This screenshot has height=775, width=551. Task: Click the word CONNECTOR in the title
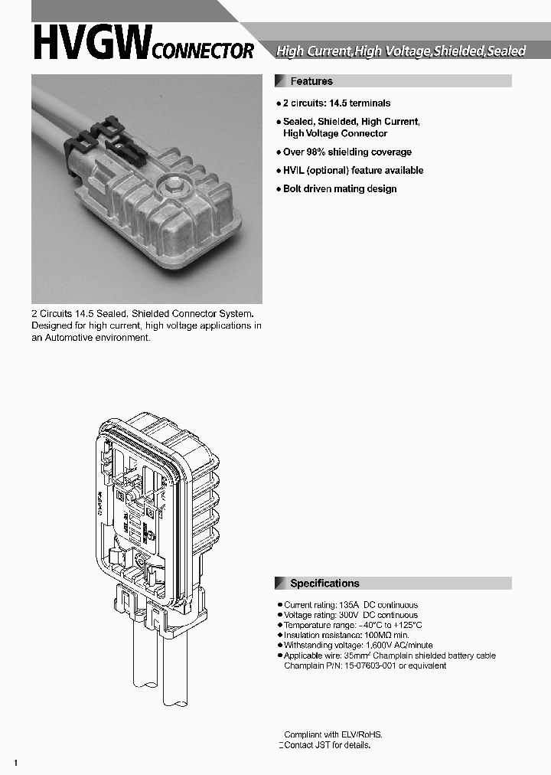204,51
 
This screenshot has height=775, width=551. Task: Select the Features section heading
311,81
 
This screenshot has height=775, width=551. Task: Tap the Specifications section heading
324,584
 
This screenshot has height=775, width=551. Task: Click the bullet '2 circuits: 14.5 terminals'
336,103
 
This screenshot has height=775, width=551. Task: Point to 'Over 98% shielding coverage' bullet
347,152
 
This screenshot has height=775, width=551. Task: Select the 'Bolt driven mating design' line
339,189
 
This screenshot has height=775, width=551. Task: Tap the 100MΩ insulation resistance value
376,636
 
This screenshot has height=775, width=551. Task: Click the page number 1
16,763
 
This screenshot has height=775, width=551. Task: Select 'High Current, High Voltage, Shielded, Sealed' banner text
400,51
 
